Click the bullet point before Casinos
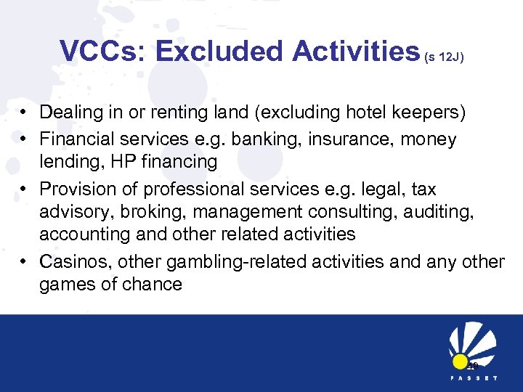click(x=25, y=261)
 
